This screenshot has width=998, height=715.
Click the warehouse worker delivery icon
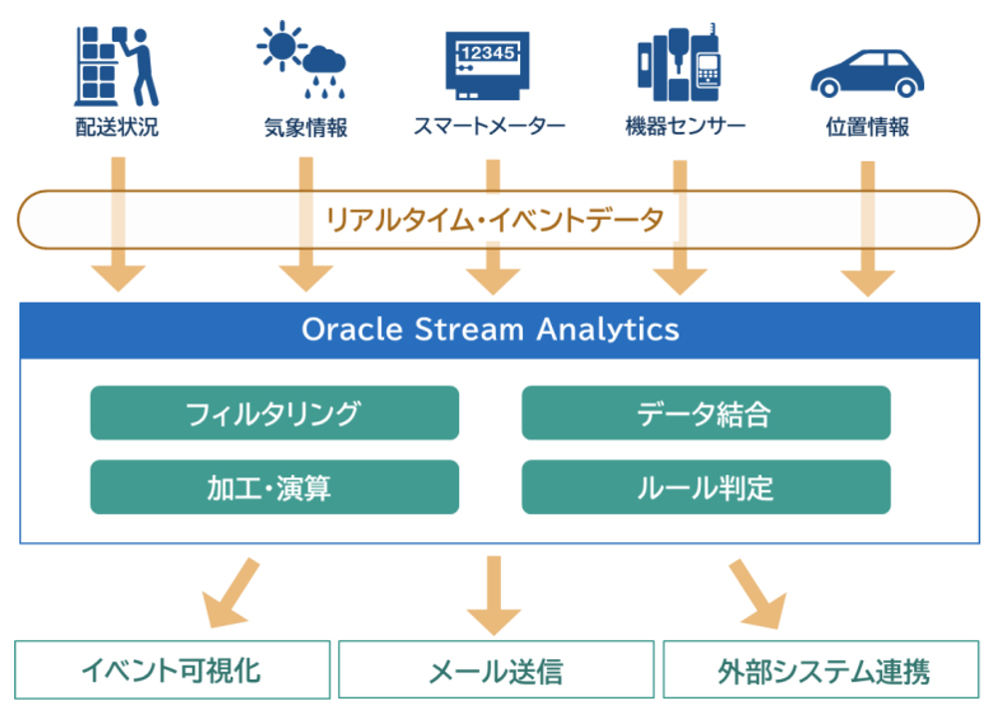pyautogui.click(x=117, y=65)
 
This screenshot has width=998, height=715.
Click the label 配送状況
pyautogui.click(x=117, y=127)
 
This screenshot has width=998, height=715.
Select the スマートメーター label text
pyautogui.click(x=489, y=127)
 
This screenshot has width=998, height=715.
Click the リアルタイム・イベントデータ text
pyautogui.click(x=495, y=219)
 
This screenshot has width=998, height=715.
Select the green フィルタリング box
pyautogui.click(x=274, y=412)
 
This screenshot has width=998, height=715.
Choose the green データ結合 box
pyautogui.click(x=706, y=412)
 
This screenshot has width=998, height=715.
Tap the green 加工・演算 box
pyautogui.click(x=274, y=487)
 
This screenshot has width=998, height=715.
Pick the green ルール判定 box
pyautogui.click(x=706, y=487)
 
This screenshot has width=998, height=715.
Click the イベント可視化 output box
pyautogui.click(x=172, y=669)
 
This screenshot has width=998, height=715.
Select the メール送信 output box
pyautogui.click(x=495, y=669)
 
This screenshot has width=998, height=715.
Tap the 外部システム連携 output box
pyautogui.click(x=821, y=669)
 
